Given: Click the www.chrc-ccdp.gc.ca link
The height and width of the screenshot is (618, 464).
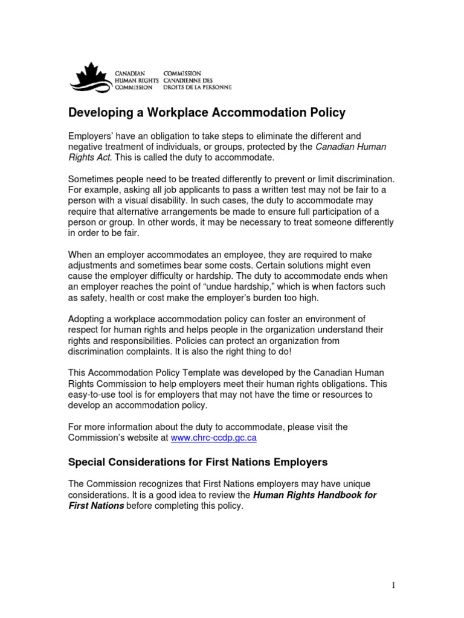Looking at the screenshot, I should (214, 438).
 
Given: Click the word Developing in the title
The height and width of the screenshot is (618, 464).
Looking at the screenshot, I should (98, 113).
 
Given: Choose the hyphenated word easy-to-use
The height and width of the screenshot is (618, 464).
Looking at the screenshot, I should (94, 395).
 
